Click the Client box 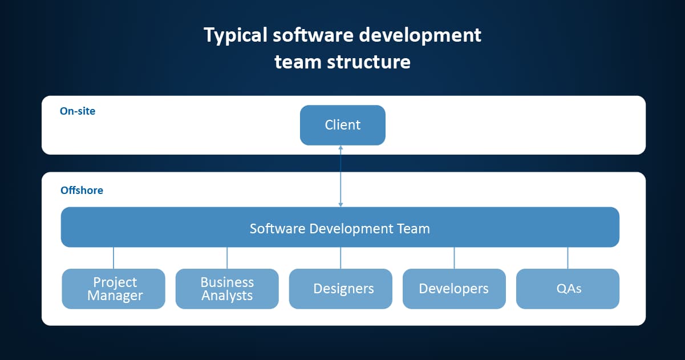pyautogui.click(x=342, y=125)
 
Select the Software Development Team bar pyautogui.click(x=340, y=227)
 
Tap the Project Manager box pyautogui.click(x=114, y=289)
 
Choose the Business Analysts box pyautogui.click(x=227, y=289)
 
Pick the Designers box pyautogui.click(x=341, y=289)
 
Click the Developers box pyautogui.click(x=454, y=289)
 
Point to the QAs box pyautogui.click(x=568, y=289)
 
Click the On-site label pyautogui.click(x=78, y=111)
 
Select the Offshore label pyautogui.click(x=82, y=190)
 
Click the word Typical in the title pyautogui.click(x=236, y=36)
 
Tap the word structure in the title pyautogui.click(x=368, y=62)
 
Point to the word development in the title pyautogui.click(x=420, y=36)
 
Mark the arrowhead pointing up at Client pyautogui.click(x=341, y=148)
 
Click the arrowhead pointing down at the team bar pyautogui.click(x=341, y=205)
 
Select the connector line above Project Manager pyautogui.click(x=114, y=258)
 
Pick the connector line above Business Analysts pyautogui.click(x=227, y=258)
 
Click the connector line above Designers pyautogui.click(x=341, y=258)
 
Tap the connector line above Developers pyautogui.click(x=454, y=258)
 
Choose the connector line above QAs pyautogui.click(x=568, y=258)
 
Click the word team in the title pyautogui.click(x=298, y=62)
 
